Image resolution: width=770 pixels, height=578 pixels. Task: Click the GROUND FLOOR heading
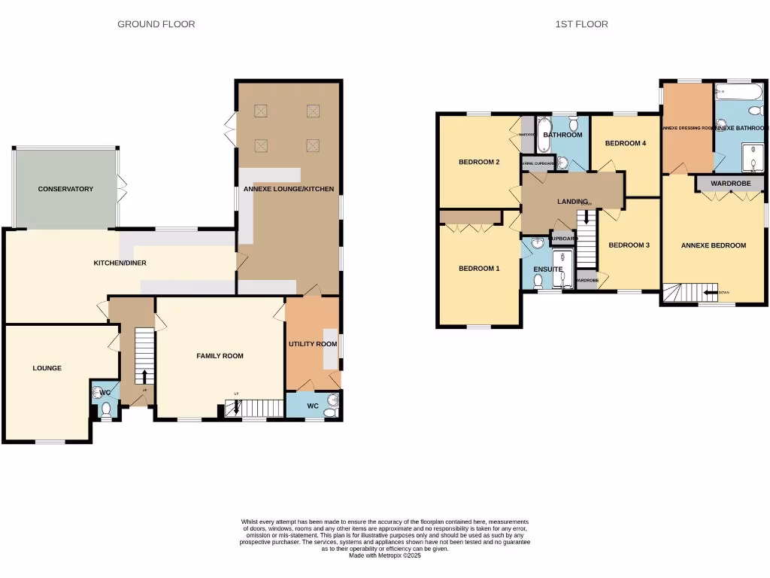(156, 24)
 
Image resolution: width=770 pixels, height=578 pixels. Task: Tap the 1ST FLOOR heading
(581, 24)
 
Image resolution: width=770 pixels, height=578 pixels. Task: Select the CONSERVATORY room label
(65, 189)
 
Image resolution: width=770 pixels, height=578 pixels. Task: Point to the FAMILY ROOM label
(220, 356)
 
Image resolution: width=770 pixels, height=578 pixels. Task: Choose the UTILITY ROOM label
(312, 344)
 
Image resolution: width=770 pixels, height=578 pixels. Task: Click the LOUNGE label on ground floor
(47, 368)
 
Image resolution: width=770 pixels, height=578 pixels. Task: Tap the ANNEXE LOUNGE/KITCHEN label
(288, 189)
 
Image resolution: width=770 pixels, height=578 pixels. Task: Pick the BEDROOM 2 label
(479, 162)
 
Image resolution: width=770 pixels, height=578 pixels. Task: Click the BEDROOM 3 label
(629, 245)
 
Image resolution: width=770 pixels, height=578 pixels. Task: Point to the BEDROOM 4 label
(626, 143)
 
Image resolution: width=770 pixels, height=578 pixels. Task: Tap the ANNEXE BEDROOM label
(713, 245)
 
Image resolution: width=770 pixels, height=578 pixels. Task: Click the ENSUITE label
(548, 269)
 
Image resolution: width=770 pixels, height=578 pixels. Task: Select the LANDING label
(572, 202)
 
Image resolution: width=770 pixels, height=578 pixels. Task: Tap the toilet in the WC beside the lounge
(107, 409)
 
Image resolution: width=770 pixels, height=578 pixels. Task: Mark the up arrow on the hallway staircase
(144, 376)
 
